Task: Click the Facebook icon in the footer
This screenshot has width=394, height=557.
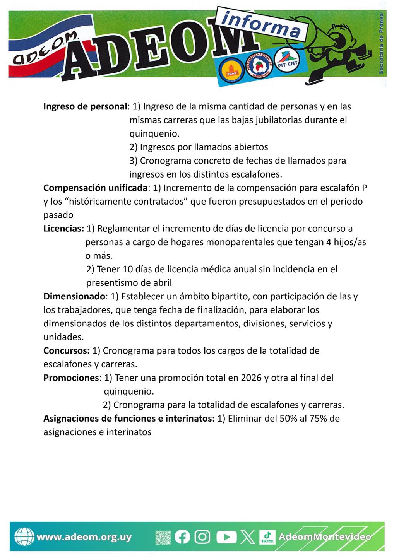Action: coord(182,536)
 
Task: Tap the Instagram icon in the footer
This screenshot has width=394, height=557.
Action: coord(202,536)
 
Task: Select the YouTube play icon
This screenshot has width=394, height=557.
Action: coord(226,536)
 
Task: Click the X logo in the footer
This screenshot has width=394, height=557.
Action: coord(248,536)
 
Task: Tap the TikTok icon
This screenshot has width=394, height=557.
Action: coord(267,536)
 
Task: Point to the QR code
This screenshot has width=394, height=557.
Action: coord(163,537)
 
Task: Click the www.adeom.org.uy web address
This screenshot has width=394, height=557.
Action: coord(84,537)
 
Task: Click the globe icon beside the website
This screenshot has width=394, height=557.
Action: coord(24,537)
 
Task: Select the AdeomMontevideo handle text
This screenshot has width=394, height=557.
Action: coord(324,536)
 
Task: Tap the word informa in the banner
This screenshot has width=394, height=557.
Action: coord(262,24)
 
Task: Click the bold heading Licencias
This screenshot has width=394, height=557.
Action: coord(63,228)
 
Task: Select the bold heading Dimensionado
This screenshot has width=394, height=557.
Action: coord(74,296)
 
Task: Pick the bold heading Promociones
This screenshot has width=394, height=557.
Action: coord(71,378)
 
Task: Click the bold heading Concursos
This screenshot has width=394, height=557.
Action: coord(66,350)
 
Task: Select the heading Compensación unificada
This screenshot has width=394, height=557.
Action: coord(95,188)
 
